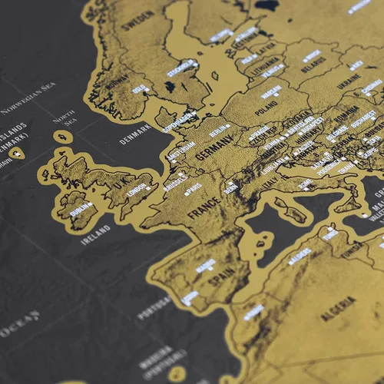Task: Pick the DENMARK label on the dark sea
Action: [134, 137]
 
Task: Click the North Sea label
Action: [63, 121]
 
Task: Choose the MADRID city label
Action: [205, 264]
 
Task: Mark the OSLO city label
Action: [140, 88]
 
